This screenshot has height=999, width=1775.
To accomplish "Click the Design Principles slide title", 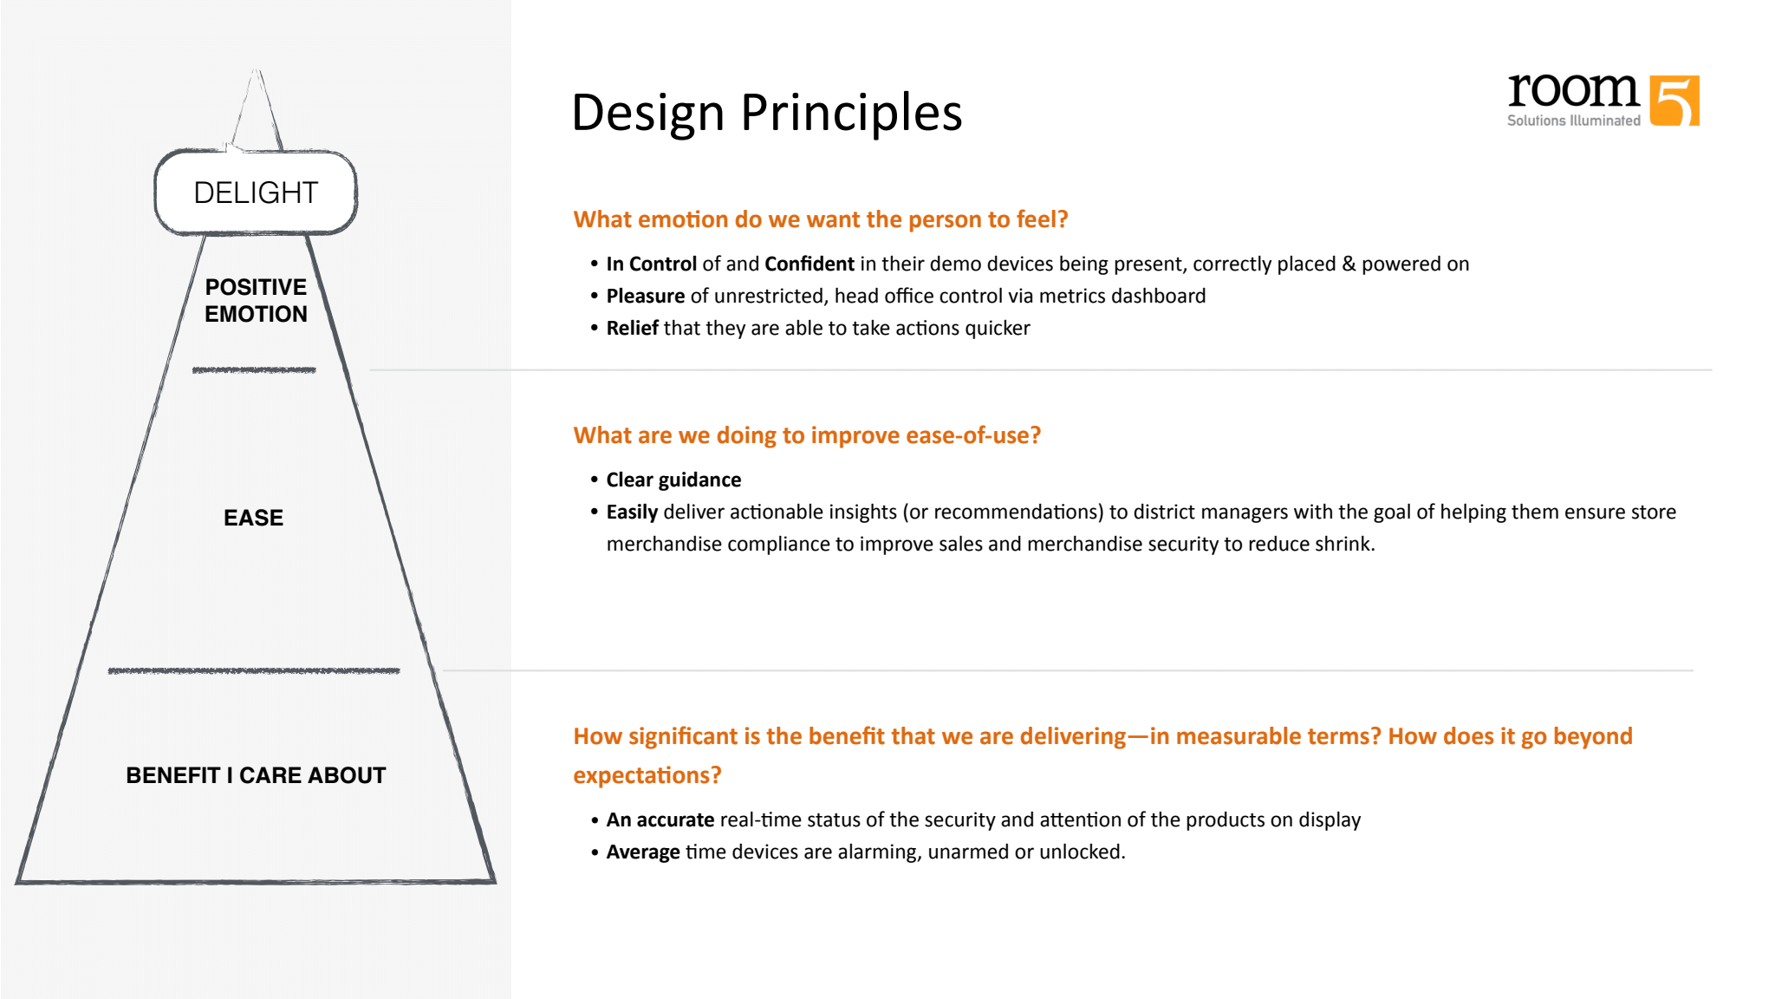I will [x=766, y=113].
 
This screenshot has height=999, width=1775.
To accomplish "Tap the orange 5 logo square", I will [x=1674, y=101].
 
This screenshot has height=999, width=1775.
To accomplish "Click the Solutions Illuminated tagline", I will [x=1573, y=121].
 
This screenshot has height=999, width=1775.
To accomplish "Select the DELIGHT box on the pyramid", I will [x=256, y=193].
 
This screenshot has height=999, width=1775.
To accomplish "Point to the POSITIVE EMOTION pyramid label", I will [x=256, y=300].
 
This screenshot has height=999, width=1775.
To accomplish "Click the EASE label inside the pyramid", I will [x=253, y=518].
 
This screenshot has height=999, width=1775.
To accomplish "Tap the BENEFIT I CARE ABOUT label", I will [x=256, y=775].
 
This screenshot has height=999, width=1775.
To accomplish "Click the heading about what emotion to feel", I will [x=820, y=219].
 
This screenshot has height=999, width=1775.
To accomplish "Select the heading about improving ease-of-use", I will [x=806, y=435].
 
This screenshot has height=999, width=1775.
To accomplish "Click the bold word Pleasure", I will [x=645, y=297].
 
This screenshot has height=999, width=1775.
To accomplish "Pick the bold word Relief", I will [x=632, y=329].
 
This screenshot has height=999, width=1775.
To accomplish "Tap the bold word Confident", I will [x=809, y=264].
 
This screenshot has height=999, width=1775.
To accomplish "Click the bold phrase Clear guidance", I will [x=673, y=480].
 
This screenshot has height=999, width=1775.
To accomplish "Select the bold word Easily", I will [x=632, y=513].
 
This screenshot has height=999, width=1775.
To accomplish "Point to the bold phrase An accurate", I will [x=660, y=820].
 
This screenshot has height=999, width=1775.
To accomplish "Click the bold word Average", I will [x=643, y=852].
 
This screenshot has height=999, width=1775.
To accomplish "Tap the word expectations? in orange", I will [x=647, y=775].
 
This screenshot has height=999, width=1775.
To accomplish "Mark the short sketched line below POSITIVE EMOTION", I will [x=254, y=370].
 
